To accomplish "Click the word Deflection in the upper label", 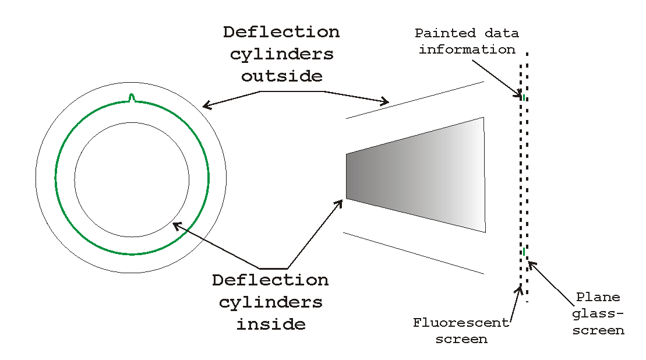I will pyautogui.click(x=281, y=32).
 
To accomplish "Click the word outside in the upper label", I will pyautogui.click(x=281, y=76).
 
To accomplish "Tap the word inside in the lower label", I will pyautogui.click(x=271, y=324).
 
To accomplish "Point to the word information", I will pyautogui.click(x=467, y=50).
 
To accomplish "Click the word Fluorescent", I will pyautogui.click(x=461, y=323).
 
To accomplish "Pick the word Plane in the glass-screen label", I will pyautogui.click(x=591, y=298).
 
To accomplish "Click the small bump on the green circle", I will pyautogui.click(x=132, y=97).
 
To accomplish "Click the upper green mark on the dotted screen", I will pyautogui.click(x=524, y=97).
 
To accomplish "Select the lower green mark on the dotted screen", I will pyautogui.click(x=524, y=252).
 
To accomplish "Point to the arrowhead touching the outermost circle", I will pyautogui.click(x=205, y=106).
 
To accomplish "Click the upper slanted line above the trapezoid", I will pyautogui.click(x=415, y=100).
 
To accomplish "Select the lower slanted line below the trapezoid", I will pyautogui.click(x=415, y=253).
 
